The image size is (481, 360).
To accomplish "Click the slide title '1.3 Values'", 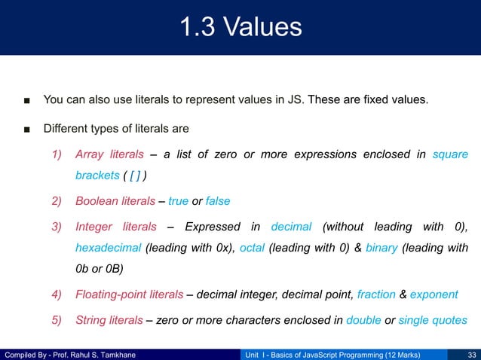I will point(240,28).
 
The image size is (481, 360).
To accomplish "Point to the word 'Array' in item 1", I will point(89,154).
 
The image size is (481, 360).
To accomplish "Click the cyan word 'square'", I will point(450,154).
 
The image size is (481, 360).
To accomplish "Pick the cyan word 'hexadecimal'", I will point(108,247).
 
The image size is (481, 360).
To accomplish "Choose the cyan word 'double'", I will point(363,320).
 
